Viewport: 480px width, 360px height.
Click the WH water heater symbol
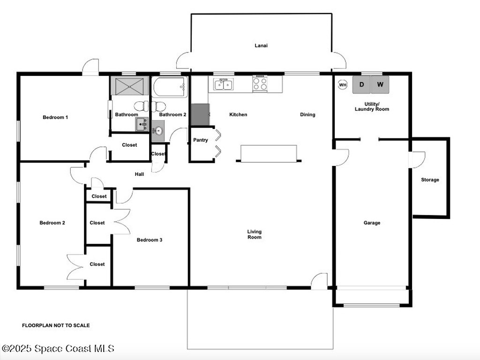pos(343,85)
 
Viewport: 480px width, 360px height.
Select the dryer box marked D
pos(361,84)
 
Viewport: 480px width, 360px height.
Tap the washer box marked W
pos(380,84)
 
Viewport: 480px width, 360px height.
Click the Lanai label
pos(261,45)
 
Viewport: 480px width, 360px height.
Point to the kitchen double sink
pos(223,84)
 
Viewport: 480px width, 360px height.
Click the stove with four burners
pos(260,83)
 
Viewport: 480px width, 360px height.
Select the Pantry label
pos(201,140)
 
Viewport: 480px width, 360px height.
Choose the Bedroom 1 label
pos(55,117)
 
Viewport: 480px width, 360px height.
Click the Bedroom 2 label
pos(52,223)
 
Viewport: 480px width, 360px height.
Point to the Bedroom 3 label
pos(150,240)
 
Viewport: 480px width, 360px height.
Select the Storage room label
pos(430,180)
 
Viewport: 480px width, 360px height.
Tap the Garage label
pos(372,223)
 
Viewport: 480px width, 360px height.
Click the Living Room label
pos(255,234)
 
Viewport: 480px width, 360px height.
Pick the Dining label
pos(307,114)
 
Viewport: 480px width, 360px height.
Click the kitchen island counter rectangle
pos(269,153)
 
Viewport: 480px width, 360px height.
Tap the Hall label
pos(139,174)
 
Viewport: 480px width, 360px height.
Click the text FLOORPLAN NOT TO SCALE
pos(56,325)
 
